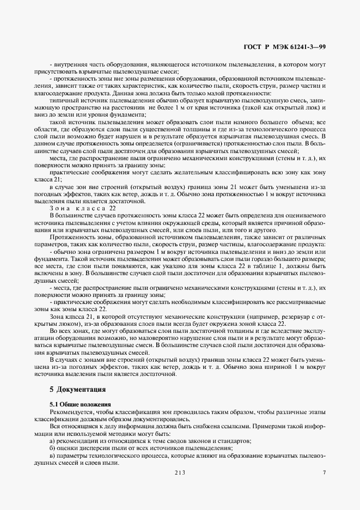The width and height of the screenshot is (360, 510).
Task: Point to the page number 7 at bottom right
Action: [324, 472]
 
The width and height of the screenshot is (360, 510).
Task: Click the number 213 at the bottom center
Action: [180, 472]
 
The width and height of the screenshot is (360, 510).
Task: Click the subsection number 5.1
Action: [55, 404]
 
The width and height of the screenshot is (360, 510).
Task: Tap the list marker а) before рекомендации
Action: [53, 440]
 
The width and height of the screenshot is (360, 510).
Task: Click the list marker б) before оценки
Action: [53, 448]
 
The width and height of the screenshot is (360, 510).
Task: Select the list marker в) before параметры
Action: [53, 455]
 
